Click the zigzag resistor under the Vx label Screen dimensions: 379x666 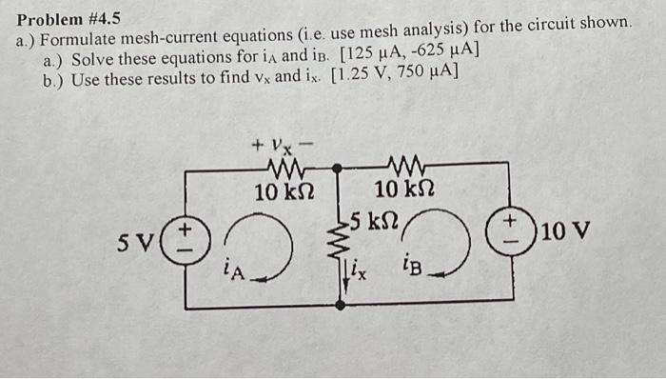point(284,170)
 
